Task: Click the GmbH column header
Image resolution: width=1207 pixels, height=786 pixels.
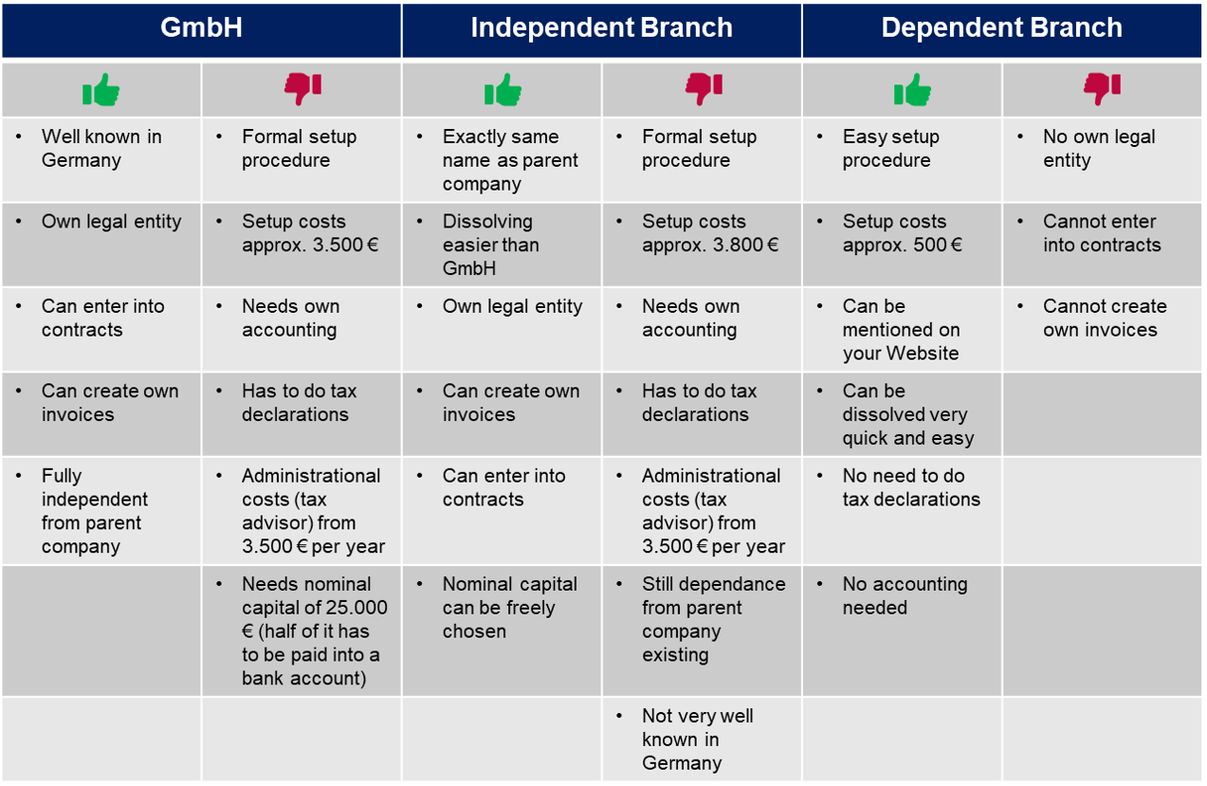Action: click(x=201, y=28)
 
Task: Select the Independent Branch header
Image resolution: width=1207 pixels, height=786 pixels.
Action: click(x=601, y=28)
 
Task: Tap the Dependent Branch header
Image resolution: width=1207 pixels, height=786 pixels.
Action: click(x=1001, y=28)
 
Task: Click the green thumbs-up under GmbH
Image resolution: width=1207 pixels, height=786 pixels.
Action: click(x=101, y=91)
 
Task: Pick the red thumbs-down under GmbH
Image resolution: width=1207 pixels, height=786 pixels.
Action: click(x=302, y=89)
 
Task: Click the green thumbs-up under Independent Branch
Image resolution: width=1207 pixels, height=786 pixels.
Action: click(x=503, y=91)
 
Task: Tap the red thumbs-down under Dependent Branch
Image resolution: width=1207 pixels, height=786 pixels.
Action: click(x=1102, y=89)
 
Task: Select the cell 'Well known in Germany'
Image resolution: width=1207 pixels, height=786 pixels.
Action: click(x=101, y=149)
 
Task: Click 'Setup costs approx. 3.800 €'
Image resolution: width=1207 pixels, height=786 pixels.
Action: click(x=709, y=233)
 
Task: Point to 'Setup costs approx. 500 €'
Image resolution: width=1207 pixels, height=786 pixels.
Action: click(x=902, y=233)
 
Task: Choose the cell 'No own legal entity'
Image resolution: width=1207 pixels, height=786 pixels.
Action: click(x=1099, y=149)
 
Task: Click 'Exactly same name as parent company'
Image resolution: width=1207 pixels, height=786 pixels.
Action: click(x=509, y=160)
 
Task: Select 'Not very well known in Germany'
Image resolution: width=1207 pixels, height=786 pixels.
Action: click(x=697, y=740)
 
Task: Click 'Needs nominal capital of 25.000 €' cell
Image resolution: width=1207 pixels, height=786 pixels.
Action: click(x=314, y=631)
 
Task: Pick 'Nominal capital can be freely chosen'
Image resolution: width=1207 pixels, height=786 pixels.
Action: click(x=509, y=608)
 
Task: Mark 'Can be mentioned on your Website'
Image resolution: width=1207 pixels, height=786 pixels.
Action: click(x=901, y=330)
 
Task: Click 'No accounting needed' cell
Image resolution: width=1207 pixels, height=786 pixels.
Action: click(x=905, y=595)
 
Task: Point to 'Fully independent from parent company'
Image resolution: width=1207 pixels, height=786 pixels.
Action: click(x=94, y=511)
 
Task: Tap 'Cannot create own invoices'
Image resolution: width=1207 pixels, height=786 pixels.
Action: click(x=1105, y=319)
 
